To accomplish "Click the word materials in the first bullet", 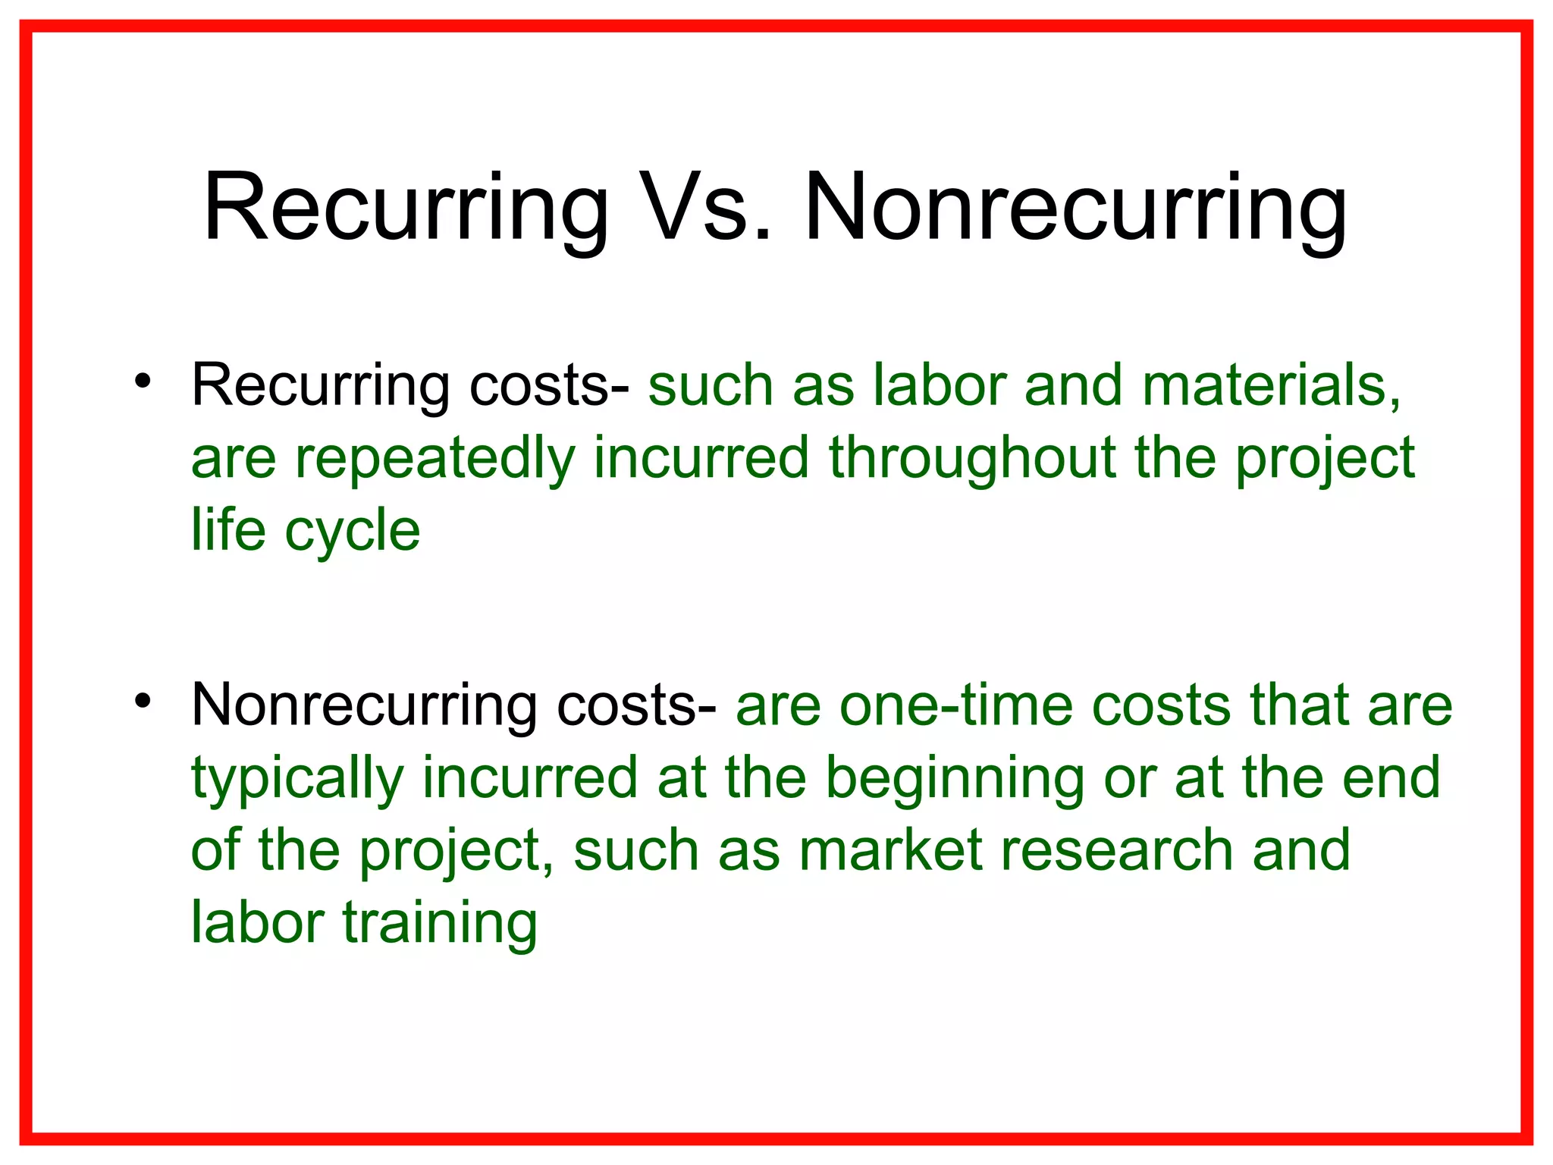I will pyautogui.click(x=1271, y=385).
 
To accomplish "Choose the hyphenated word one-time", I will pyautogui.click(x=956, y=705).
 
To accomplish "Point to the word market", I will pyautogui.click(x=890, y=850).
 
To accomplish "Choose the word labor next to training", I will pyautogui.click(x=258, y=922).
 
